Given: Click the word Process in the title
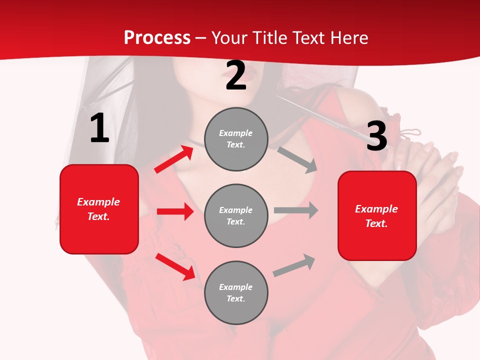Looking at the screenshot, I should pyautogui.click(x=157, y=38).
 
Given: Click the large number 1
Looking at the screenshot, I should pyautogui.click(x=99, y=128).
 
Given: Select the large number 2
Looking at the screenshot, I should pyautogui.click(x=236, y=75).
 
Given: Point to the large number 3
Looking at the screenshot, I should pyautogui.click(x=376, y=136).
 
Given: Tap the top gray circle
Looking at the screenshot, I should pyautogui.click(x=236, y=139).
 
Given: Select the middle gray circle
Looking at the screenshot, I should pyautogui.click(x=236, y=215).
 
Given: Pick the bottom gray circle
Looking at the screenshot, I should pyautogui.click(x=236, y=292).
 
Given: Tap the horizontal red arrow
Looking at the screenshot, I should pyautogui.click(x=175, y=211).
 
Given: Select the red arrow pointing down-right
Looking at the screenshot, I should pyautogui.click(x=175, y=266).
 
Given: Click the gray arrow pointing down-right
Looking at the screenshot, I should pyautogui.click(x=297, y=159).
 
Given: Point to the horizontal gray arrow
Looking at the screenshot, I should pyautogui.click(x=296, y=210).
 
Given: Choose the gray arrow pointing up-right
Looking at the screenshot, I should pyautogui.click(x=294, y=265).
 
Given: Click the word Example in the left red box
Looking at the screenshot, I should pyautogui.click(x=98, y=202).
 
